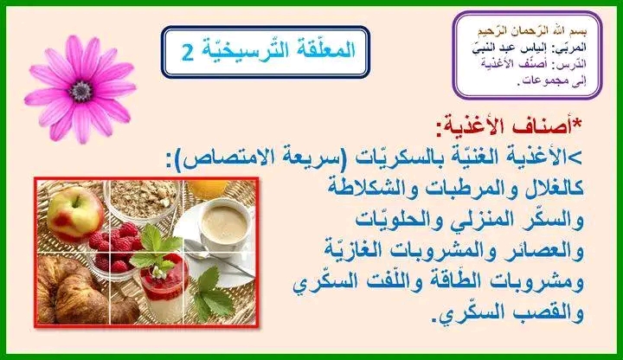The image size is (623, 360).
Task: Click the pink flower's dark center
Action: pos(81,91)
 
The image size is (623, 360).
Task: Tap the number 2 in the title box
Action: pos(188,52)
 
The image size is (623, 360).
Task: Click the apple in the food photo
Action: pos(75,214)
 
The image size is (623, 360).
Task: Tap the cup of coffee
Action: pos(225,226)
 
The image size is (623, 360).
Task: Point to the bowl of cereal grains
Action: pos(143,199)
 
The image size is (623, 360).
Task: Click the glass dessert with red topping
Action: pos(164,287)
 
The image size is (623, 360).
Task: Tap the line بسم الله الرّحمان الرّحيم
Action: pos(531,31)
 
